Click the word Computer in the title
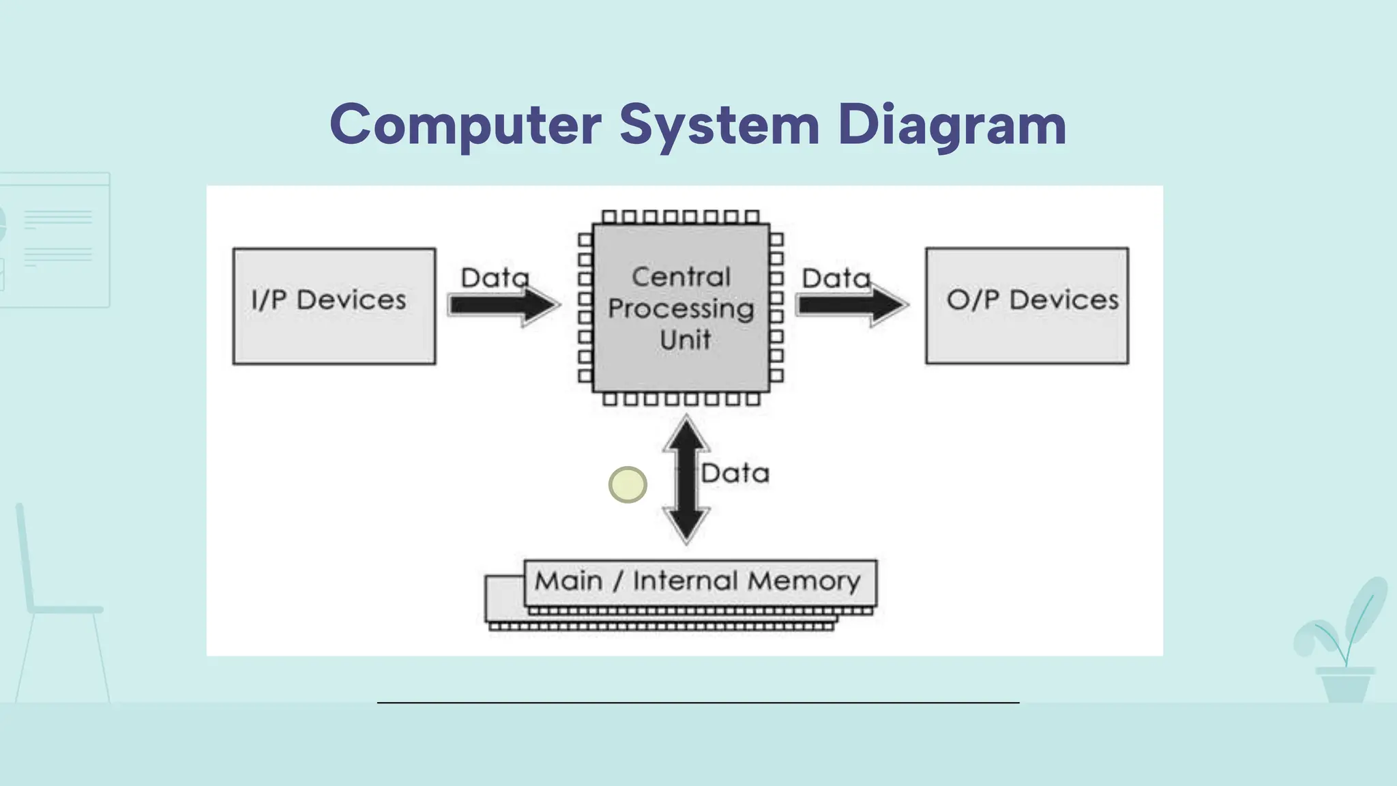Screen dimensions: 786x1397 (x=465, y=125)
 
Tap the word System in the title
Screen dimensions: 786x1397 (x=719, y=125)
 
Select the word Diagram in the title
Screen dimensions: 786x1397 (x=952, y=125)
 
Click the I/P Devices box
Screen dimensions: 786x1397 (x=334, y=306)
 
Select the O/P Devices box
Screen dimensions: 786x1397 (x=1027, y=306)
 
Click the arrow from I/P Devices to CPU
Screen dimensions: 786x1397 (x=503, y=305)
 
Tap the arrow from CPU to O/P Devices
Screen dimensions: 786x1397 (x=851, y=305)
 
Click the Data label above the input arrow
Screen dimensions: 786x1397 (x=495, y=278)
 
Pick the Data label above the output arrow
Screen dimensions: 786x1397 (x=836, y=278)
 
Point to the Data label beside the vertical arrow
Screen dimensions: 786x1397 (x=735, y=473)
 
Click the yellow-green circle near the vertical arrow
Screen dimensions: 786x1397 (x=628, y=484)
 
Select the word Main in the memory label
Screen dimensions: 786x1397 (x=568, y=581)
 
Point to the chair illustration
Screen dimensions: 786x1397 (x=61, y=607)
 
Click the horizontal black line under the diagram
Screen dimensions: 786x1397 (x=698, y=702)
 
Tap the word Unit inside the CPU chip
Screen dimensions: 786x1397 (x=685, y=339)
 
